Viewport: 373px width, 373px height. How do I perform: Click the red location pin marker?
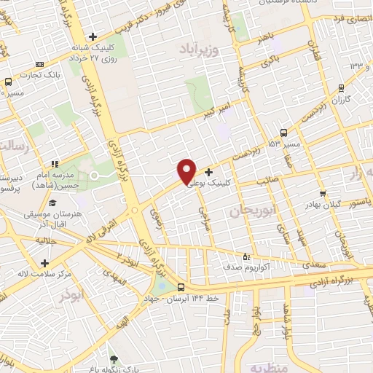pos(186,170)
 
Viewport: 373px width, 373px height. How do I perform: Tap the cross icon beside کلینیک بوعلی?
pos(209,173)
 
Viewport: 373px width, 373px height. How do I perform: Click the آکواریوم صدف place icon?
pos(246,256)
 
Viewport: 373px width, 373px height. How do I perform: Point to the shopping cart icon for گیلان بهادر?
pos(323,194)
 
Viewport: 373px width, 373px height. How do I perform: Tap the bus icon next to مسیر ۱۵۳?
pos(283,133)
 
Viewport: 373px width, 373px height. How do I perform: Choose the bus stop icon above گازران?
pos(341,87)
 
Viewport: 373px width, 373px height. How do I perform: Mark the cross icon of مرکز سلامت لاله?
pos(45,263)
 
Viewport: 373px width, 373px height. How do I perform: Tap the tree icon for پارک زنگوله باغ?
pos(112,358)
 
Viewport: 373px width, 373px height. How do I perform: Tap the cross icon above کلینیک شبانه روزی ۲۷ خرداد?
pos(93,36)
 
